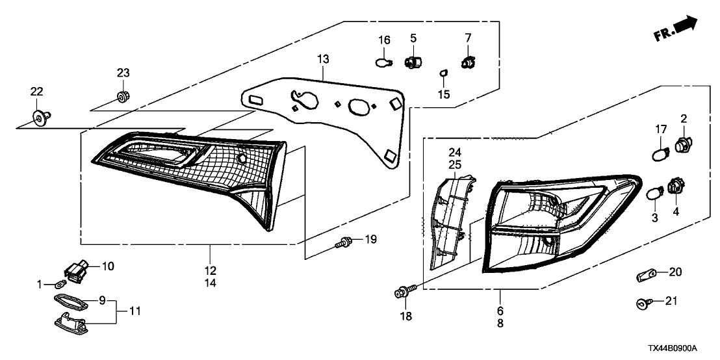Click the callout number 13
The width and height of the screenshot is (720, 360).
coord(323,60)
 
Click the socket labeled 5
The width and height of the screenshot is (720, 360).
coord(413,63)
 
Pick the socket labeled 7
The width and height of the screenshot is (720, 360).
coord(467,64)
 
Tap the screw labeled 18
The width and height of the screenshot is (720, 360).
coord(402,293)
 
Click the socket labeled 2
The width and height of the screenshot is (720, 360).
coord(682,144)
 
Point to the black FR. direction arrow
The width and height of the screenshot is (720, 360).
coord(685,26)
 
